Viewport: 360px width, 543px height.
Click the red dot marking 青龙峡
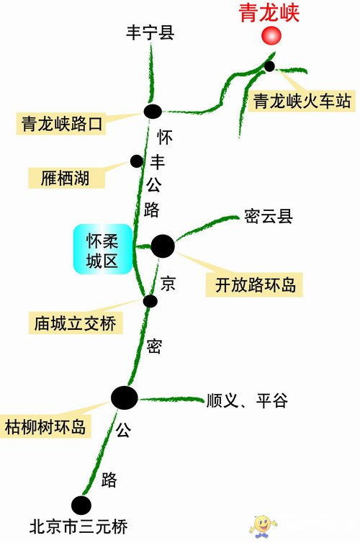point(271,35)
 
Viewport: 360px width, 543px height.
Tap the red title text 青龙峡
point(269,13)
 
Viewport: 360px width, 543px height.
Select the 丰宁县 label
point(150,32)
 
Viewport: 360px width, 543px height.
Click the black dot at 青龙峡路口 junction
point(153,111)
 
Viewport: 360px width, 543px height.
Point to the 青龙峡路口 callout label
point(61,124)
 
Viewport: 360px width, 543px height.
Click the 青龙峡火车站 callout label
point(302,101)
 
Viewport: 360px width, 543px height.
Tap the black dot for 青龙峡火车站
point(269,66)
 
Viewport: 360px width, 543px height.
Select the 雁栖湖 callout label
point(66,179)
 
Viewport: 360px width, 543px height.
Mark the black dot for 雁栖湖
point(137,161)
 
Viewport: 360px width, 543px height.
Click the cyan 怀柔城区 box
point(103,249)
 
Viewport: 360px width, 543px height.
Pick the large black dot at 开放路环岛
point(163,246)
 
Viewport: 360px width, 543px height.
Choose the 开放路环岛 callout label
point(254,285)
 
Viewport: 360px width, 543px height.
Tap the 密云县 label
point(269,217)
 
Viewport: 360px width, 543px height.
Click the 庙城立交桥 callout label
point(76,323)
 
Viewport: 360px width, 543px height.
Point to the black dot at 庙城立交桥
point(150,301)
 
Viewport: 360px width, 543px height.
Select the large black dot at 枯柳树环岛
point(125,398)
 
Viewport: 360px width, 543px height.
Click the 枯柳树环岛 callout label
point(45,426)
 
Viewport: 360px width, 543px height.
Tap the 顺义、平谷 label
point(247,400)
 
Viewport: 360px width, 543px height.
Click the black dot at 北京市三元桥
point(81,506)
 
